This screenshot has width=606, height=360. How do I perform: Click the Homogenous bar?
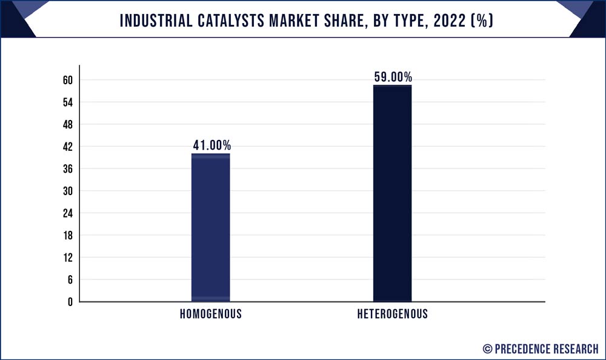210,227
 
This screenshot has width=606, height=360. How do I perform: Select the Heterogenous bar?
392,193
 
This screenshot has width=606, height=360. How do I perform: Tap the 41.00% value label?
211,145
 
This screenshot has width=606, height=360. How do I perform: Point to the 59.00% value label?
393,77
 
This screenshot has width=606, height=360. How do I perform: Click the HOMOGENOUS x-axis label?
210,314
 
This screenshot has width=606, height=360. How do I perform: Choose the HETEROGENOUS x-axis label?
392,314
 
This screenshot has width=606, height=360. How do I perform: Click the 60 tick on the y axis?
67,81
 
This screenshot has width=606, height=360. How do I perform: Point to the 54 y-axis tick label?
67,102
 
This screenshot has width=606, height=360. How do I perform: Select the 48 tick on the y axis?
67,125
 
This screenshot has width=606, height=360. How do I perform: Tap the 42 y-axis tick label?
67,147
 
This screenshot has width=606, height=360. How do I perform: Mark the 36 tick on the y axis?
67,169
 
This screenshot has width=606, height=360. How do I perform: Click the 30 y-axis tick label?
67,191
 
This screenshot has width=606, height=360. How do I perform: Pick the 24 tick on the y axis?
67,213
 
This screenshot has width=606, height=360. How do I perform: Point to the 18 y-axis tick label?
67,235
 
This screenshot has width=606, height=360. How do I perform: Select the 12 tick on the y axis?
67,258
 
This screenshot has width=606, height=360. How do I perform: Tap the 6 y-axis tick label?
70,279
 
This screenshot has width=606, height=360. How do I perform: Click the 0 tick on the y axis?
70,302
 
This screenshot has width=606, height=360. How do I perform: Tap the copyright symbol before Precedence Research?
487,348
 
